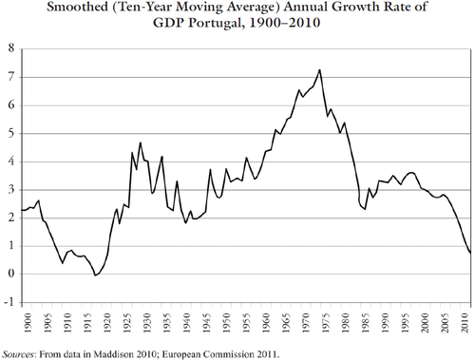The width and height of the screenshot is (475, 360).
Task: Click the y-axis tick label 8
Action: (11, 48)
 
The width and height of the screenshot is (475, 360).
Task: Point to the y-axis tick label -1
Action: (9, 302)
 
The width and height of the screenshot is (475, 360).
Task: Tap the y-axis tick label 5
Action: (11, 133)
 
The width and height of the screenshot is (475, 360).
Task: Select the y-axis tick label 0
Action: (11, 274)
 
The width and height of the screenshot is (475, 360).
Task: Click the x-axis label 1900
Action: (28, 323)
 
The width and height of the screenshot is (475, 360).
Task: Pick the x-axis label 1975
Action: (325, 323)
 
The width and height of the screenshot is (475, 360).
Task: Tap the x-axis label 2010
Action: (465, 323)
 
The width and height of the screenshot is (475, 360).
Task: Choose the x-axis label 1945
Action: (206, 323)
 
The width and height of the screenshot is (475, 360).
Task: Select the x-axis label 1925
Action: (127, 323)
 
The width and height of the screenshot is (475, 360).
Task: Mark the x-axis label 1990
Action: (385, 323)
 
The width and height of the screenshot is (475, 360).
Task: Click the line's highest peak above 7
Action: (319, 69)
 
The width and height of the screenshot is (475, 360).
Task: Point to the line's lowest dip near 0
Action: (95, 275)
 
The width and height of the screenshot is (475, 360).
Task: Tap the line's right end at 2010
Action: (470, 253)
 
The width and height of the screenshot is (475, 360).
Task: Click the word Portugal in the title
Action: (217, 23)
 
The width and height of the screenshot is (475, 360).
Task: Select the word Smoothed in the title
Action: (77, 7)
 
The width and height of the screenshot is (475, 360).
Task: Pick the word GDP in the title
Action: (168, 23)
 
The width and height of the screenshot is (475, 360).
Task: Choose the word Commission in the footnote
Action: (229, 353)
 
